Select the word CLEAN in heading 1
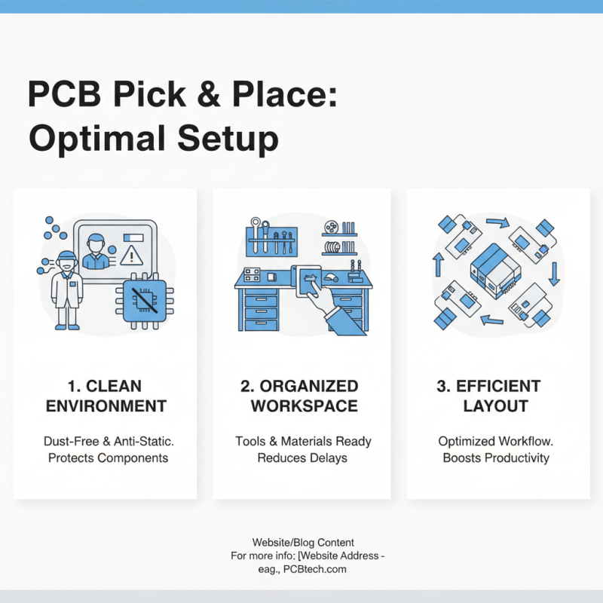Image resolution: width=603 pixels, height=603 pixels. click(x=114, y=386)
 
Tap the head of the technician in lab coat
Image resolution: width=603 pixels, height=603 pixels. click(x=67, y=261)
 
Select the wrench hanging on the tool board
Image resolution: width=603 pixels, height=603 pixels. click(x=257, y=235)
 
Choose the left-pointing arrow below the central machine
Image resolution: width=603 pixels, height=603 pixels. click(x=492, y=320)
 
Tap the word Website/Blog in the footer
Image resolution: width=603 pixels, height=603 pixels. click(x=285, y=542)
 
